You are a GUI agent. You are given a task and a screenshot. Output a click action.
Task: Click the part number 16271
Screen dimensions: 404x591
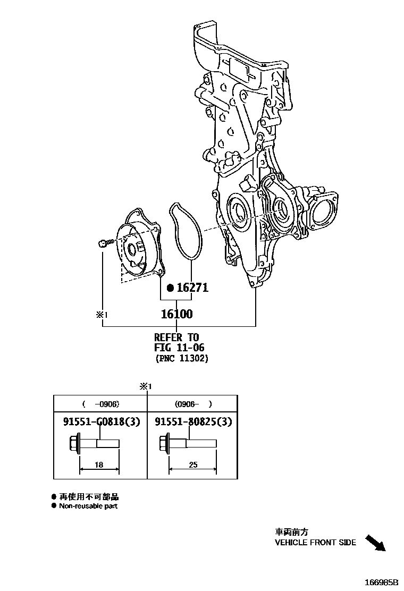tap(192, 288)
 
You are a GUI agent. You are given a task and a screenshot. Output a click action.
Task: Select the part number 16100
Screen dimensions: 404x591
tap(176, 314)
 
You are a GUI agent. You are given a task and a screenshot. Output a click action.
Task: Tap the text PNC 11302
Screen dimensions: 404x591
tap(182, 359)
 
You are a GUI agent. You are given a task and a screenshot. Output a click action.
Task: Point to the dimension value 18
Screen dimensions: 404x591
tap(98, 465)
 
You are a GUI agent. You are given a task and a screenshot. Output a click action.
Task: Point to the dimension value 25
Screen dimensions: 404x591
tap(192, 465)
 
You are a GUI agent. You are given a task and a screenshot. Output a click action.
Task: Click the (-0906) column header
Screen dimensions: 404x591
tap(99, 403)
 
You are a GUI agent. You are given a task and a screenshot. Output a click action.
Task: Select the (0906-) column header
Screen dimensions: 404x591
tap(192, 403)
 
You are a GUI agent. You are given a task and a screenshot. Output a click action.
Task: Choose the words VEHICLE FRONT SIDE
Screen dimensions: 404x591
tap(315, 543)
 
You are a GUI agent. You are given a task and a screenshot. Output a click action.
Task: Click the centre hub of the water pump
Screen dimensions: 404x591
tap(132, 248)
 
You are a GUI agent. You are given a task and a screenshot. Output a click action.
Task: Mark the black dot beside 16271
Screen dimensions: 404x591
tap(170, 288)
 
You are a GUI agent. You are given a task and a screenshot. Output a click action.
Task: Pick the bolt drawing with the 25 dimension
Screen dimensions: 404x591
tap(186, 443)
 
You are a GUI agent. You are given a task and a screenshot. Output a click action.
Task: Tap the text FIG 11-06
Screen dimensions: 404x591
tap(179, 348)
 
